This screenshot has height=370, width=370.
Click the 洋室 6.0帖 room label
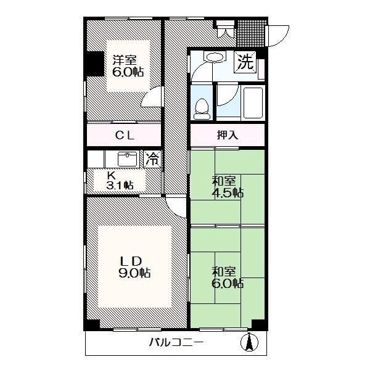[128, 66]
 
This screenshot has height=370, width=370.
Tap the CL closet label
[125, 136]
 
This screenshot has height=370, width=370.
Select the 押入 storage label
[228, 135]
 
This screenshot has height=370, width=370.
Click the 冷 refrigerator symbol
[152, 159]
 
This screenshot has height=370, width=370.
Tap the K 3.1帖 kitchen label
[120, 181]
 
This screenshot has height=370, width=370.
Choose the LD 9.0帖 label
[134, 266]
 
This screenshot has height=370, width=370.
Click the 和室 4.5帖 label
[228, 187]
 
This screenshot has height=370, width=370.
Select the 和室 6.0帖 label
[228, 277]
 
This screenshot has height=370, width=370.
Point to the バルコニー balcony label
[176, 342]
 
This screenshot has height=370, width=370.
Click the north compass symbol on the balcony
[249, 342]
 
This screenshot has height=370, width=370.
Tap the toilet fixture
[202, 109]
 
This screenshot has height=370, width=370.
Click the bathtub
[253, 103]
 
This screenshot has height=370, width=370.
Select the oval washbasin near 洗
[215, 57]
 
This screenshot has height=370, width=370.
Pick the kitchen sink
[127, 159]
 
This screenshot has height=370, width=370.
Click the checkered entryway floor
[252, 33]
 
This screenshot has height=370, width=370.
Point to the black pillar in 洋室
[94, 64]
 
